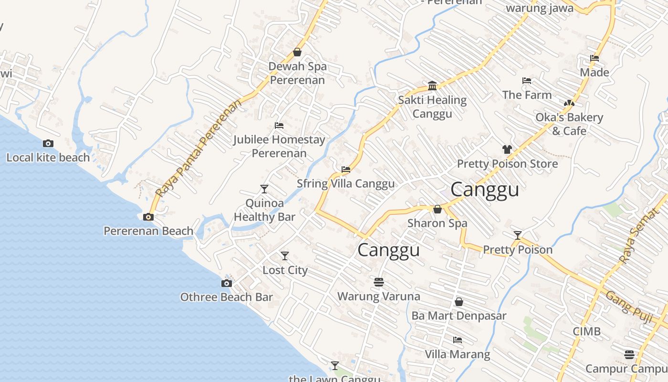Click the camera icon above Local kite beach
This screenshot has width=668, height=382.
(x=48, y=143)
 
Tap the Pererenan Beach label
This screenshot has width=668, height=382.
(x=148, y=231)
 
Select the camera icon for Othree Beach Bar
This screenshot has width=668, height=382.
(x=227, y=283)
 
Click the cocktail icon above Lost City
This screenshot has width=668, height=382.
(x=285, y=256)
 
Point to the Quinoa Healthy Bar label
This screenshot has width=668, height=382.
(x=264, y=210)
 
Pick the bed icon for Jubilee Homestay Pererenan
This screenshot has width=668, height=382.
(x=279, y=126)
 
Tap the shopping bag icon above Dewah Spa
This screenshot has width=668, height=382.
(x=297, y=52)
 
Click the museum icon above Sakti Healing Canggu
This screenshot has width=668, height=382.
(x=432, y=85)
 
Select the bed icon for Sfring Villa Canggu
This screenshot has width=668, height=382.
(x=346, y=169)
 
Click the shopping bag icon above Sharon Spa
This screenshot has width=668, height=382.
(x=437, y=209)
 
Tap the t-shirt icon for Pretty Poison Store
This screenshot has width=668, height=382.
(x=507, y=149)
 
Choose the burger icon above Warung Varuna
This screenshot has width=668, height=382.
(x=379, y=282)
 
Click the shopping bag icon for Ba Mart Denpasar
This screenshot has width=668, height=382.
(x=459, y=302)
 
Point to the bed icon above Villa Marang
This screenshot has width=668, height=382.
(x=457, y=340)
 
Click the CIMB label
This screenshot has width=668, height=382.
(x=586, y=331)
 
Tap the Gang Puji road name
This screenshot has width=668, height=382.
(x=629, y=307)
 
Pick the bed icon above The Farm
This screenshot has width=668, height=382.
(x=526, y=81)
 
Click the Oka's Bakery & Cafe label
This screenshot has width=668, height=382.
(x=569, y=124)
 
